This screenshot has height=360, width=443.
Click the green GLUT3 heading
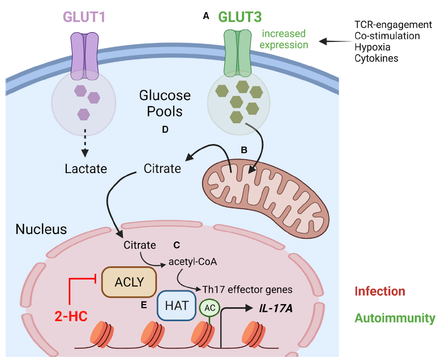pyautogui.click(x=240, y=17)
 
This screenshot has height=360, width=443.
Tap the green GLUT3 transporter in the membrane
pyautogui.click(x=237, y=52)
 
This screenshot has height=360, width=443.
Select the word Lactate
pyautogui.click(x=86, y=168)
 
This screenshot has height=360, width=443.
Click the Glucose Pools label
pyautogui.click(x=165, y=103)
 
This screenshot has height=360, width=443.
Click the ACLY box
pyautogui.click(x=129, y=282)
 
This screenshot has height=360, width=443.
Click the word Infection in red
pyautogui.click(x=380, y=291)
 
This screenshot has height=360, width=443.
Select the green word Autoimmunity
pyautogui.click(x=395, y=318)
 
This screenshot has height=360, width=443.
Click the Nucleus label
pyautogui.click(x=41, y=229)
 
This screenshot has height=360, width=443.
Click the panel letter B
pyautogui.click(x=244, y=150)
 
